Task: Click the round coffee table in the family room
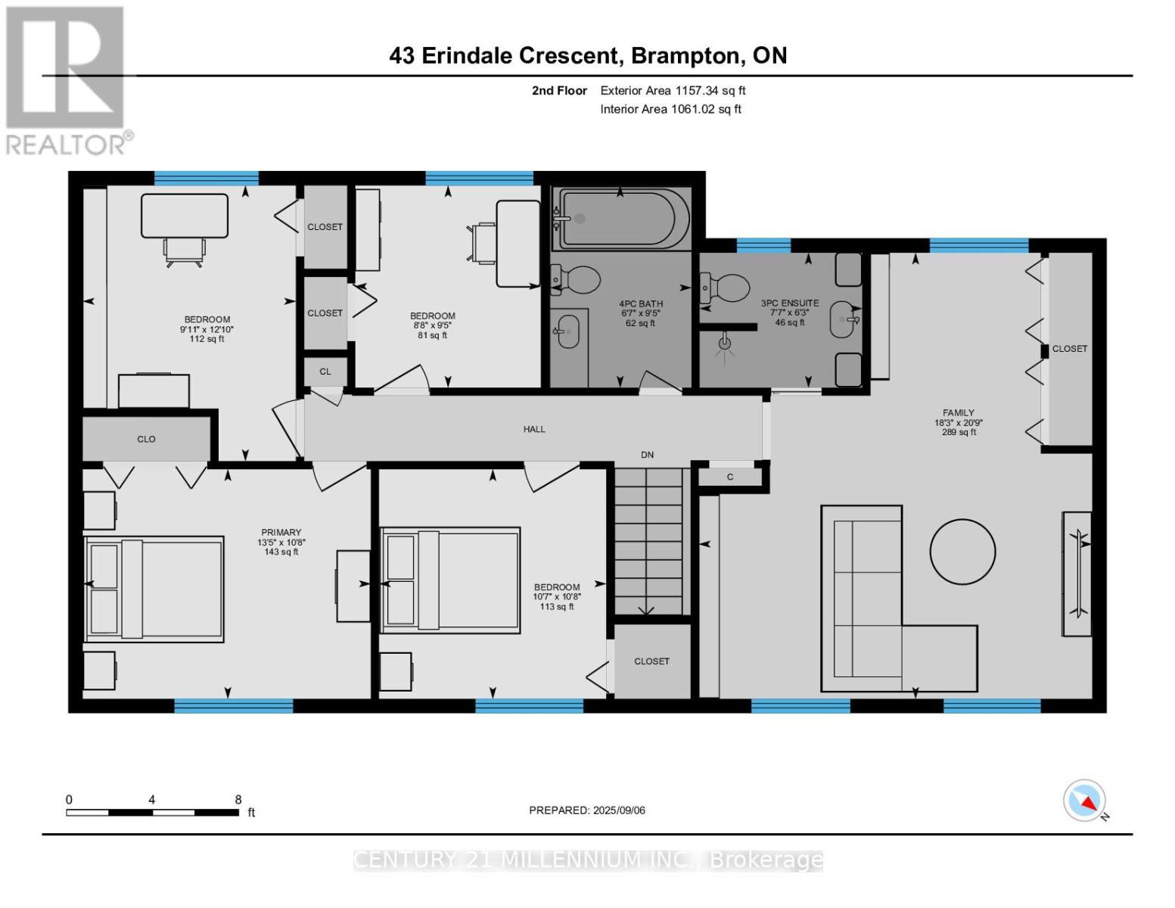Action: [x=962, y=552]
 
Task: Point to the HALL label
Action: [x=533, y=429]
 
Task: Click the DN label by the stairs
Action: [x=647, y=455]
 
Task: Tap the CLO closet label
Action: [x=146, y=439]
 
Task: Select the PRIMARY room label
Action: [x=281, y=532]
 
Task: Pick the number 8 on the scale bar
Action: [x=238, y=799]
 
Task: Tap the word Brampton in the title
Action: [x=685, y=56]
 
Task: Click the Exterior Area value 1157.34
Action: [x=695, y=91]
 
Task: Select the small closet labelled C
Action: [x=730, y=477]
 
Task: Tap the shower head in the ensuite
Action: [x=725, y=343]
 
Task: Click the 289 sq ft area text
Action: [x=959, y=432]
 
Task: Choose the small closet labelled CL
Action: [x=325, y=372]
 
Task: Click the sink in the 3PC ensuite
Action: [x=843, y=319]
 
